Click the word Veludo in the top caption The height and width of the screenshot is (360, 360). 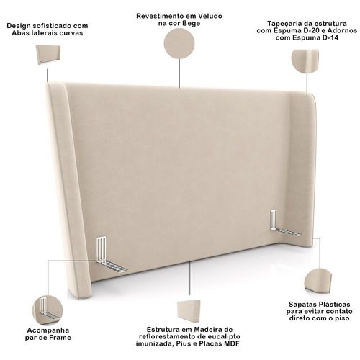coord(210,16)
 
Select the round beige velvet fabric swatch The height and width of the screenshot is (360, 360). coord(179,43)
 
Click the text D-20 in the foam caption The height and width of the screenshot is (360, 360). coord(310,31)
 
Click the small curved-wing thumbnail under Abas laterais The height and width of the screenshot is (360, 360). coord(48,55)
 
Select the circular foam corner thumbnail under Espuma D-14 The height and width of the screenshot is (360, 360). coord(305,61)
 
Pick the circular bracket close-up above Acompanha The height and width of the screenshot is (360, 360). coord(48,310)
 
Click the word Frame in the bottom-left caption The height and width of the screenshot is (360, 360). coord(60,338)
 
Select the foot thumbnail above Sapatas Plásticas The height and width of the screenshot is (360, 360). coord(318,282)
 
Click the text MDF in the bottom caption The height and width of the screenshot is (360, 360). coord(232,343)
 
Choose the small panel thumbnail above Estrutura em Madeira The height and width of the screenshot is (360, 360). coord(189,311)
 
